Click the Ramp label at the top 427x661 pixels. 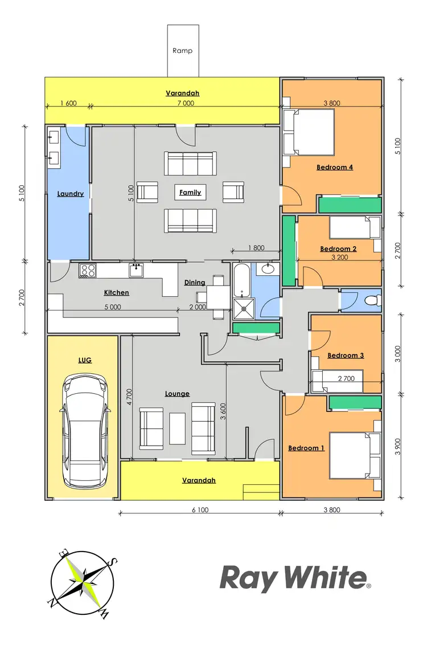(182, 51)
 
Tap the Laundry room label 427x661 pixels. (71, 194)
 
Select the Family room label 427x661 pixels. (190, 193)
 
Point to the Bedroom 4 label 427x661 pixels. (335, 168)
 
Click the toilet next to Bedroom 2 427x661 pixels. (371, 300)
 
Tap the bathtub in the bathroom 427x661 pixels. (241, 279)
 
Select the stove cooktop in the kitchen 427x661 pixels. (87, 270)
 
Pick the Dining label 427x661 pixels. (195, 283)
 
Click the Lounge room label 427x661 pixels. (177, 394)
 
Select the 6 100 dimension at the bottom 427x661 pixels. (199, 510)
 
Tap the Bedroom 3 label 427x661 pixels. (346, 356)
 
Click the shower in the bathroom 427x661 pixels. (242, 308)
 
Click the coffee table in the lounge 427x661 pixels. (177, 428)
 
